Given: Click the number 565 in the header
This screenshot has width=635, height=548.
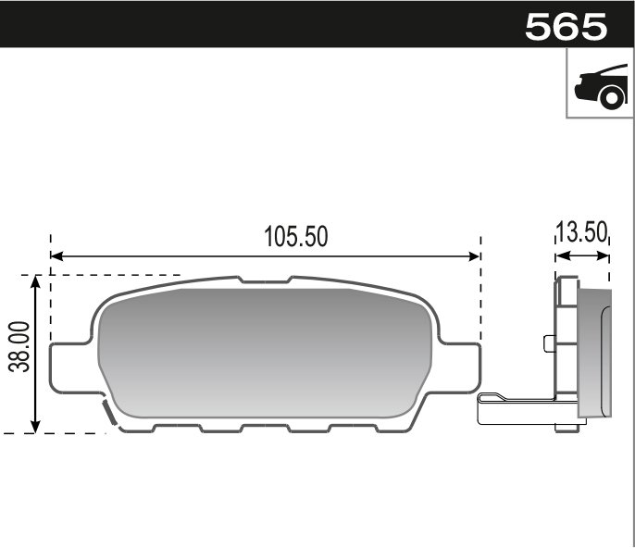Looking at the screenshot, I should coord(566,26).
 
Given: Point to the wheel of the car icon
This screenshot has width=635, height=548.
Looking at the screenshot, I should coord(609,96).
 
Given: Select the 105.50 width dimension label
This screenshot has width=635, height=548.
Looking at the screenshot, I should coord(296,236).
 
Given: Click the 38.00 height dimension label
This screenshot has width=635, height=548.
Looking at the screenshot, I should coord(19,347).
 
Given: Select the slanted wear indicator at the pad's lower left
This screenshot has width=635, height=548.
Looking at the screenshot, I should coord(107,414).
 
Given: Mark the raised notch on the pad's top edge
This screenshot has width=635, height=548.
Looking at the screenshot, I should coord(265,279).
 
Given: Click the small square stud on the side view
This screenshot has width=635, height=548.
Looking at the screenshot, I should coord(549,344).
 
